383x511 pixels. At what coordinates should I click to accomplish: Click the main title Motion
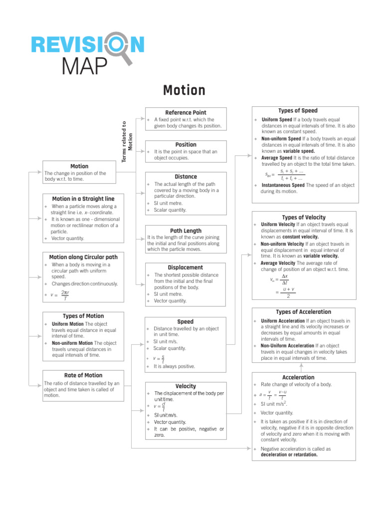pos(184,90)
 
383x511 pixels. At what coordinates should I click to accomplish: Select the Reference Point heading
pos(186,112)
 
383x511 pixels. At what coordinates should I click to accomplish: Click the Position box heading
pos(186,144)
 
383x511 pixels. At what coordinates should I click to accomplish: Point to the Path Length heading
pos(186,231)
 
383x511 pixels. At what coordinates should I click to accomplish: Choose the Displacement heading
pos(186,267)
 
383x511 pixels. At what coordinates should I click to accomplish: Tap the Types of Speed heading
pos(297,110)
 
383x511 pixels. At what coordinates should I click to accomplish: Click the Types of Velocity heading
pos(304,217)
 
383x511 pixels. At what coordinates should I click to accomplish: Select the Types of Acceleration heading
pos(304,312)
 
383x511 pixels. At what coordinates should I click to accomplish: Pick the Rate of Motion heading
pos(83,375)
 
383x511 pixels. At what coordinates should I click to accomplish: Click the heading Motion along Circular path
pos(83,257)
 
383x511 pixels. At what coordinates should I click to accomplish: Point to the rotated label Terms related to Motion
pos(127,141)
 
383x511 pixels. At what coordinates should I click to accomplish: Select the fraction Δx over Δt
pos(285,279)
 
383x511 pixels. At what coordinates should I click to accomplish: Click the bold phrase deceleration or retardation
pos(289,455)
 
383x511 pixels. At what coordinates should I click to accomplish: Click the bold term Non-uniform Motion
pos(72,343)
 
